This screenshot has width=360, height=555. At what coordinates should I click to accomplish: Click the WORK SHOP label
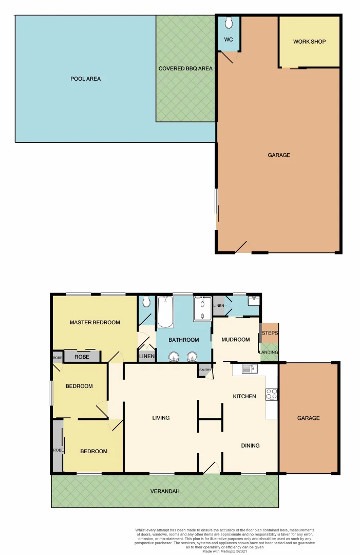point(309,42)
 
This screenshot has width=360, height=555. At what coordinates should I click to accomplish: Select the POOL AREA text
point(85,79)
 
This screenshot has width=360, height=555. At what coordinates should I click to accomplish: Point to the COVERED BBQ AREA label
point(185,68)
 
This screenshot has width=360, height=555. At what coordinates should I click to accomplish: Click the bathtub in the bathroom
point(165,311)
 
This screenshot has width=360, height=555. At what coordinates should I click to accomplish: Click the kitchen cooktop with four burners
point(271,394)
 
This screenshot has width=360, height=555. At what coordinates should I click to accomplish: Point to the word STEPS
point(270,333)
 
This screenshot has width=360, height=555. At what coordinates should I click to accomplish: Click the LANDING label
point(270,352)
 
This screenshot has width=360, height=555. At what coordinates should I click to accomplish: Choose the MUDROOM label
point(235,339)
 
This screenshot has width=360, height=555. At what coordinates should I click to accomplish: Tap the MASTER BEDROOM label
point(95,323)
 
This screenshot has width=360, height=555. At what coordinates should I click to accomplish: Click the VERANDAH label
point(165,491)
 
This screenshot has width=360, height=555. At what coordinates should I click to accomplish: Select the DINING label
point(250,446)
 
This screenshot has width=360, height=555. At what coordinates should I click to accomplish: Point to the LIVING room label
point(161,418)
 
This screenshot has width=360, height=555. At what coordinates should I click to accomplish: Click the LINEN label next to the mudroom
point(218,306)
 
